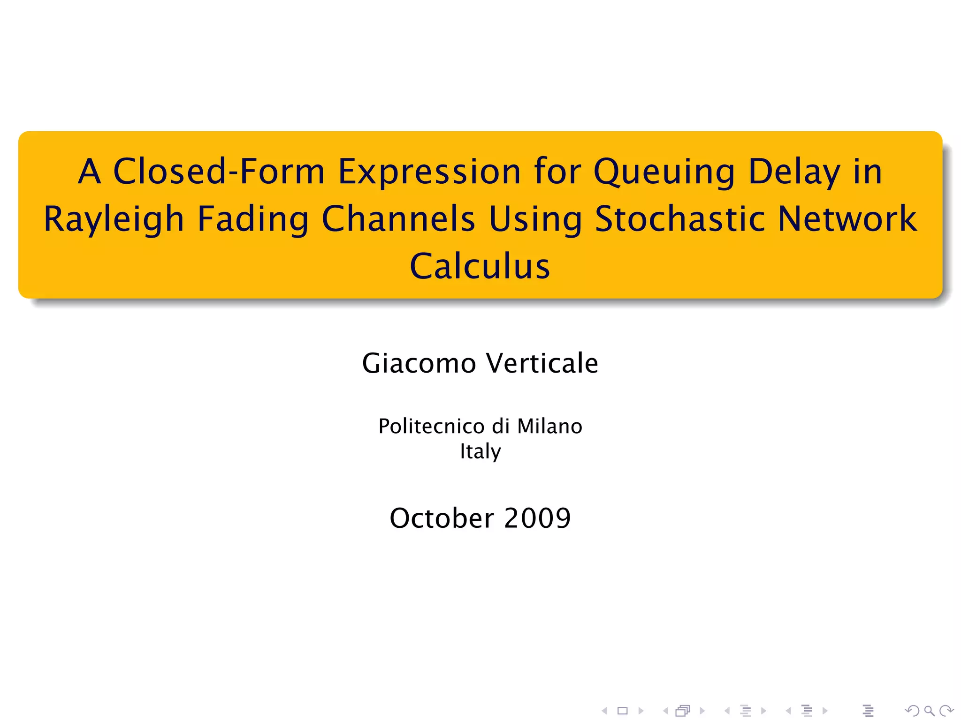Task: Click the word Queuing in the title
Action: [x=664, y=172]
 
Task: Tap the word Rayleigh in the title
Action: [x=114, y=219]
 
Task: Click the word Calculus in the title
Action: [x=480, y=266]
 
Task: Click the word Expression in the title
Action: [x=429, y=172]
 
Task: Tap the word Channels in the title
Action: [x=398, y=219]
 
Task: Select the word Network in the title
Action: [x=847, y=219]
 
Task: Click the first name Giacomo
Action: [x=419, y=363]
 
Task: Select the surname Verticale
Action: [x=542, y=363]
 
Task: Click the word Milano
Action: [x=549, y=427]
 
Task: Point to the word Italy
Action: [x=480, y=452]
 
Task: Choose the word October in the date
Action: [x=442, y=518]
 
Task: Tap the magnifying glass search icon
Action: [x=929, y=711]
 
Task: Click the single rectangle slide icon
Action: [x=623, y=711]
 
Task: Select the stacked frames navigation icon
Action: [x=683, y=711]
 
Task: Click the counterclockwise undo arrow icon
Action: [x=912, y=711]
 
